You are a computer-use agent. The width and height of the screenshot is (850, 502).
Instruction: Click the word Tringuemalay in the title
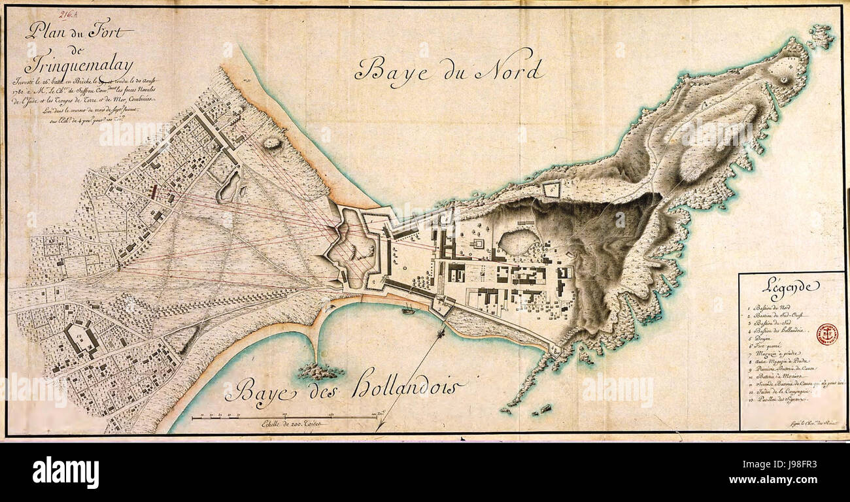[78, 65]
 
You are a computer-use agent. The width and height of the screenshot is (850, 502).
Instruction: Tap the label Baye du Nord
[448, 68]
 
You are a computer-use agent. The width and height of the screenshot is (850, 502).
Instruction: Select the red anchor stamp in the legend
[826, 334]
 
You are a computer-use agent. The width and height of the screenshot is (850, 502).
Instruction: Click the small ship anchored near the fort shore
[408, 310]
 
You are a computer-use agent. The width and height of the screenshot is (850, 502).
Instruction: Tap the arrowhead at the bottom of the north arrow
[379, 428]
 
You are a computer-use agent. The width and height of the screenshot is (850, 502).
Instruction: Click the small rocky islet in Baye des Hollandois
[320, 372]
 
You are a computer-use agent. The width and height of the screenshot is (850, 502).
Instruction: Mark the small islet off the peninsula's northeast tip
[821, 36]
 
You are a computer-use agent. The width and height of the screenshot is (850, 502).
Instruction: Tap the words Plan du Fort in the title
[79, 30]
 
